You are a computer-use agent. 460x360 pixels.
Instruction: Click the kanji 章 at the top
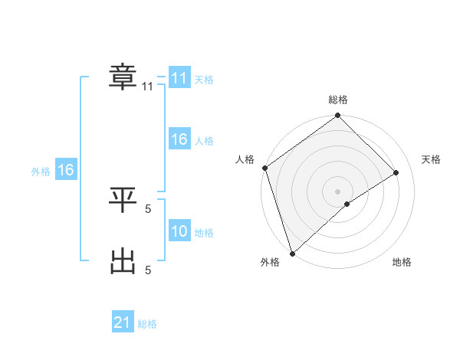(x=123, y=77)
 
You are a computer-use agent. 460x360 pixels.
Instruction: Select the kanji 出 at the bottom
(x=123, y=262)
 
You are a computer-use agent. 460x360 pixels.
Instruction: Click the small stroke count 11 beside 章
(x=148, y=87)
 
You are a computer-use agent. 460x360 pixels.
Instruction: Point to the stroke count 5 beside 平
(x=148, y=207)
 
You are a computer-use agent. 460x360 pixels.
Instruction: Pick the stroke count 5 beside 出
(x=148, y=270)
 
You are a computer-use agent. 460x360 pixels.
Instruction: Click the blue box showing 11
(x=179, y=78)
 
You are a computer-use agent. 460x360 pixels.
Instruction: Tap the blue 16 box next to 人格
(x=179, y=139)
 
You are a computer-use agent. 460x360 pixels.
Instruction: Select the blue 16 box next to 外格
(x=65, y=170)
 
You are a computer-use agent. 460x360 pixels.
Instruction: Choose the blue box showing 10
(x=179, y=231)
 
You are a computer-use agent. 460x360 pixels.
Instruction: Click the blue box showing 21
(x=123, y=322)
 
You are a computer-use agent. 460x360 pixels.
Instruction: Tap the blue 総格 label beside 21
(x=147, y=324)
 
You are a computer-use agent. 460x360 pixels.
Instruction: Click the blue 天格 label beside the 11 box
(x=204, y=80)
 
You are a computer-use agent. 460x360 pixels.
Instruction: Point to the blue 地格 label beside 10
(x=204, y=233)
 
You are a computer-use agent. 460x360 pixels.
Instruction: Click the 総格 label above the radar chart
(x=338, y=100)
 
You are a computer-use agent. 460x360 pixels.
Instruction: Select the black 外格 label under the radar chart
(x=270, y=263)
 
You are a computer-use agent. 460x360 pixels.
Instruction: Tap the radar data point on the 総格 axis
(x=338, y=116)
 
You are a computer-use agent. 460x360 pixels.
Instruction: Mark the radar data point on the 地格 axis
(x=347, y=204)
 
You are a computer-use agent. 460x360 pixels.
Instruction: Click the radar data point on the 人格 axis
(x=264, y=168)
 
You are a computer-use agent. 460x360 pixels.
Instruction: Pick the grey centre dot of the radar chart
(x=338, y=191)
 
